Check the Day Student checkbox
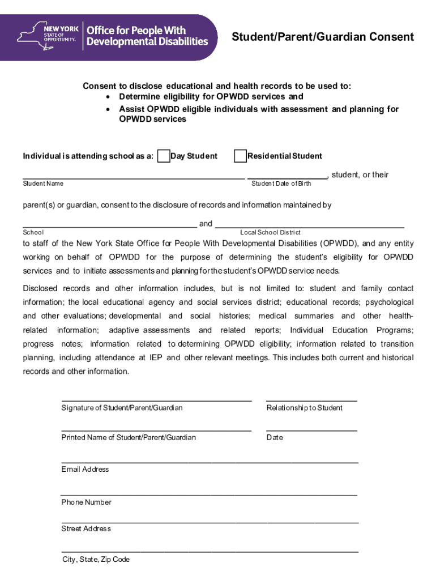(164, 156)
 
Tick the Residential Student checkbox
(241, 156)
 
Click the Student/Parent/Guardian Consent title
(323, 37)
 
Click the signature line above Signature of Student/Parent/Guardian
(156, 399)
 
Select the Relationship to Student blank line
(311, 399)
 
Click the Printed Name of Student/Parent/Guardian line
(156, 430)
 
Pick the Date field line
(311, 430)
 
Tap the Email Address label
(85, 470)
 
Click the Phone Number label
(86, 502)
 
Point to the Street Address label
(86, 529)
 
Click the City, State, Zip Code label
(96, 560)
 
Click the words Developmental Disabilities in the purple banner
(147, 41)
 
